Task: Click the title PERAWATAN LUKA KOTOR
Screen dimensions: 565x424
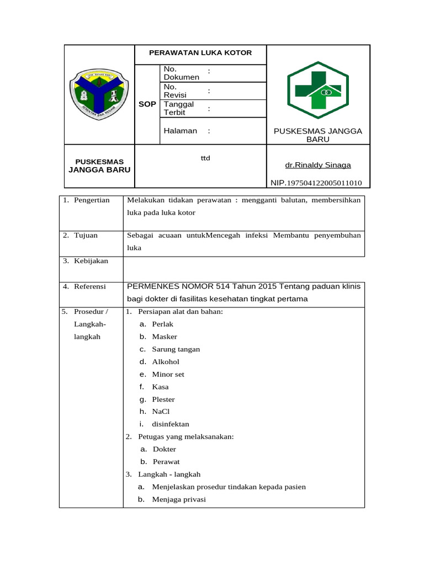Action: pyautogui.click(x=200, y=53)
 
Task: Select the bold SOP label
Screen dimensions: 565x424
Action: pyautogui.click(x=147, y=104)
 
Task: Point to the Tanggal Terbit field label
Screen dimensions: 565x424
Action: pyautogui.click(x=179, y=108)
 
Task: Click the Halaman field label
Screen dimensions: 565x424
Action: pyautogui.click(x=181, y=131)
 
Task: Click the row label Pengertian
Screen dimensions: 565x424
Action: pyautogui.click(x=92, y=200)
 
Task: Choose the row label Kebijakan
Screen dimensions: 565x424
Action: pyautogui.click(x=91, y=261)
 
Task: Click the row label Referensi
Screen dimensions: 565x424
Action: pyautogui.click(x=90, y=286)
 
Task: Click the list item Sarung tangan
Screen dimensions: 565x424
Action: pyautogui.click(x=176, y=349)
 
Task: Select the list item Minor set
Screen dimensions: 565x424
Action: pyautogui.click(x=168, y=374)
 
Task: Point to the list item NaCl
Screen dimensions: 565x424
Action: pyautogui.click(x=161, y=412)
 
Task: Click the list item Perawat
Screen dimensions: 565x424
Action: pyautogui.click(x=166, y=462)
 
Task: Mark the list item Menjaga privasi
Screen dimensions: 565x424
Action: pyautogui.click(x=179, y=499)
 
